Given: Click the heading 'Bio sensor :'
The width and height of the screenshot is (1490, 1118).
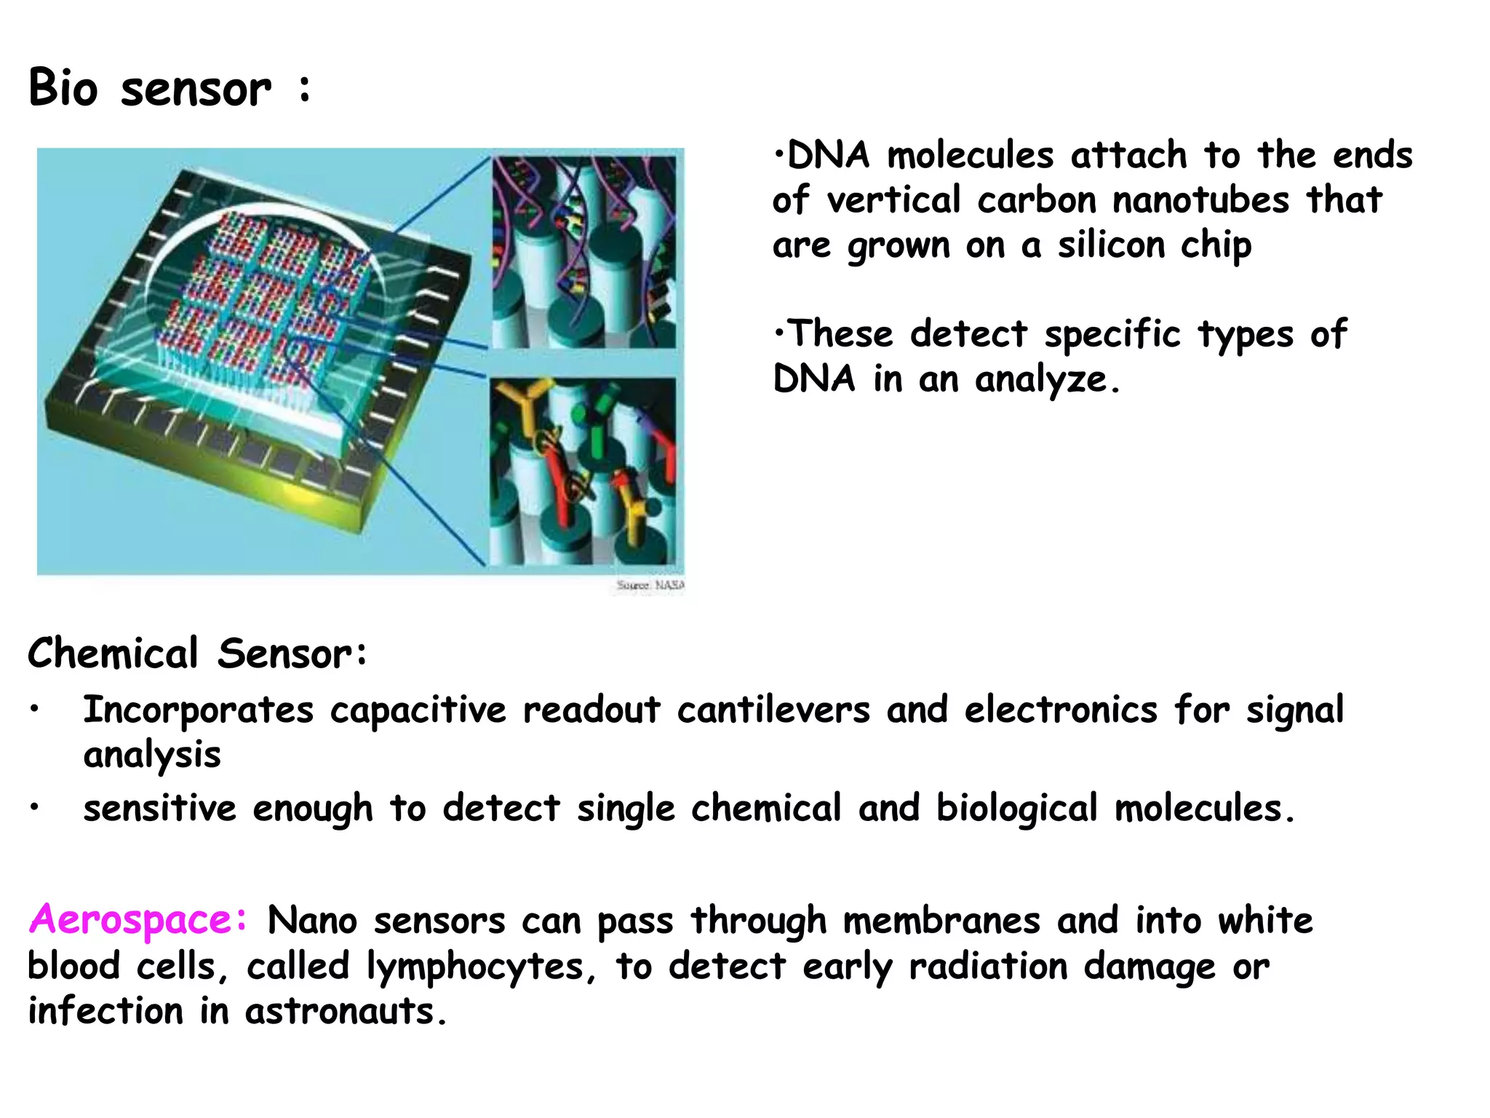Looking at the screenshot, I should [169, 89].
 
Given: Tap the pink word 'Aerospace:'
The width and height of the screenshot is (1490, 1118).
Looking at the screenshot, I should [138, 920].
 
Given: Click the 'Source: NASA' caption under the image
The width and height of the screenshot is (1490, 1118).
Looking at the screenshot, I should [650, 585].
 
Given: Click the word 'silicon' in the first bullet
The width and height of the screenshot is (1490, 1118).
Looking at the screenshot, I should [1111, 245].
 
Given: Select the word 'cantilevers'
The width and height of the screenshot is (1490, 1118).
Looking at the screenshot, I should [773, 710].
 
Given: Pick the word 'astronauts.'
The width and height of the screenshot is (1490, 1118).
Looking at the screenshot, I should [346, 1012].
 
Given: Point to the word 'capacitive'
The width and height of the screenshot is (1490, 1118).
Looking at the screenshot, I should [418, 710].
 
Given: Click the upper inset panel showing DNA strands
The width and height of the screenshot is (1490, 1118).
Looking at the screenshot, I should [584, 252].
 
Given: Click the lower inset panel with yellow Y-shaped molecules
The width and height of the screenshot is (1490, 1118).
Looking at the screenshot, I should [583, 472].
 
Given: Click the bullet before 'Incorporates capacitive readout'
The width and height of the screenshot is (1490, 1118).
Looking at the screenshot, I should [34, 710].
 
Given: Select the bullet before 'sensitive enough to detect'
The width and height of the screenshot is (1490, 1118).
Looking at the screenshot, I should [34, 808].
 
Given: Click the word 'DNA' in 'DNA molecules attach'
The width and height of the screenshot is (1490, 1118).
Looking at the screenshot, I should [828, 156].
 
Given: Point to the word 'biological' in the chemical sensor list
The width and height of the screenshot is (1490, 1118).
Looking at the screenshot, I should [1016, 809].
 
